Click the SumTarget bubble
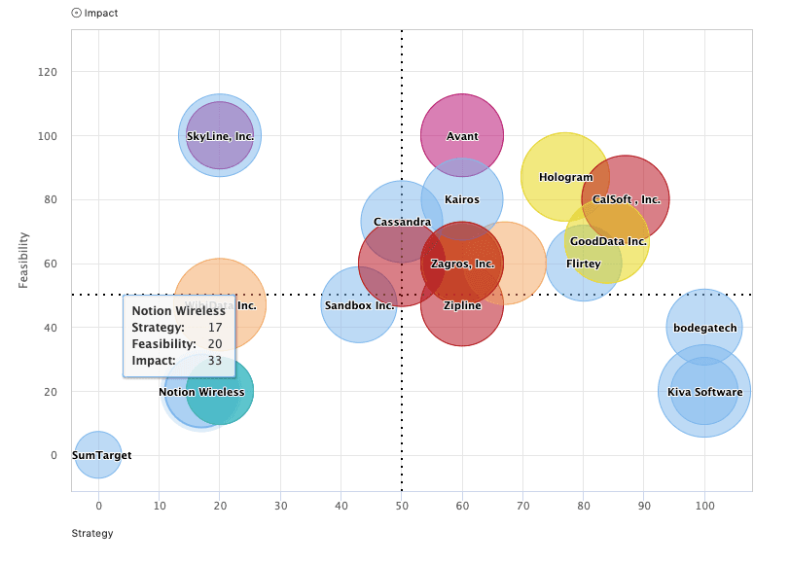(x=98, y=455)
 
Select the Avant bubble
(x=462, y=136)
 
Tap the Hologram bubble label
(x=565, y=177)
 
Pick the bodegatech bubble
(x=704, y=328)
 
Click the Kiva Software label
(x=704, y=392)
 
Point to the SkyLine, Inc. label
(x=220, y=136)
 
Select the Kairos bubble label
(x=462, y=199)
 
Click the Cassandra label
(x=402, y=222)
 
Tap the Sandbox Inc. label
(x=359, y=304)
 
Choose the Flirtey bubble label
(x=584, y=264)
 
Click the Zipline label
(x=462, y=304)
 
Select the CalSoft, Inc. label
(x=626, y=199)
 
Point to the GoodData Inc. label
(x=608, y=241)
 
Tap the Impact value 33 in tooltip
(x=214, y=361)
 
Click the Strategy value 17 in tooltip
(x=214, y=328)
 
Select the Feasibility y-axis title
(x=24, y=260)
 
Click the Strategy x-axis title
(x=92, y=533)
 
